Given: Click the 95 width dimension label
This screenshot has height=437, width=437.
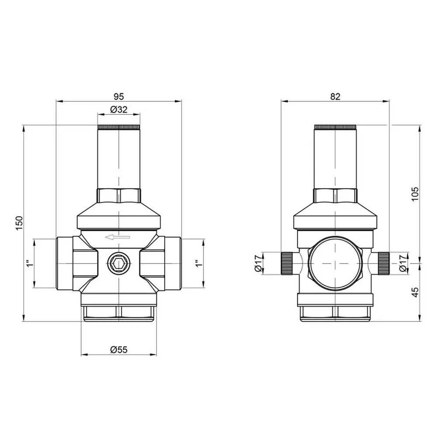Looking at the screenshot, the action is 118,97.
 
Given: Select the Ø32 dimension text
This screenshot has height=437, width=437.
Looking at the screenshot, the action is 119,110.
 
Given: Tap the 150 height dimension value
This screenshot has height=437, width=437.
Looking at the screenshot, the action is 19,223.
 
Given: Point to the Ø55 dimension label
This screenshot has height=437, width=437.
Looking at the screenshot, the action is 119,350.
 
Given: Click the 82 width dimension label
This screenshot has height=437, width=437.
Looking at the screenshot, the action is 335,97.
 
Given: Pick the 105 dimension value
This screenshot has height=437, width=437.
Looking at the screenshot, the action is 415,194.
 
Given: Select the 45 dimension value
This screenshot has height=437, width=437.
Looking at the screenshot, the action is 415,292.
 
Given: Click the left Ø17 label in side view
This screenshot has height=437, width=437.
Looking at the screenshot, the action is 258,263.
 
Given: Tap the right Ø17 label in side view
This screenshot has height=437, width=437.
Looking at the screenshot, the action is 403,263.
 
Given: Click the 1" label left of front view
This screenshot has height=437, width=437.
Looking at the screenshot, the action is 30,263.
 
